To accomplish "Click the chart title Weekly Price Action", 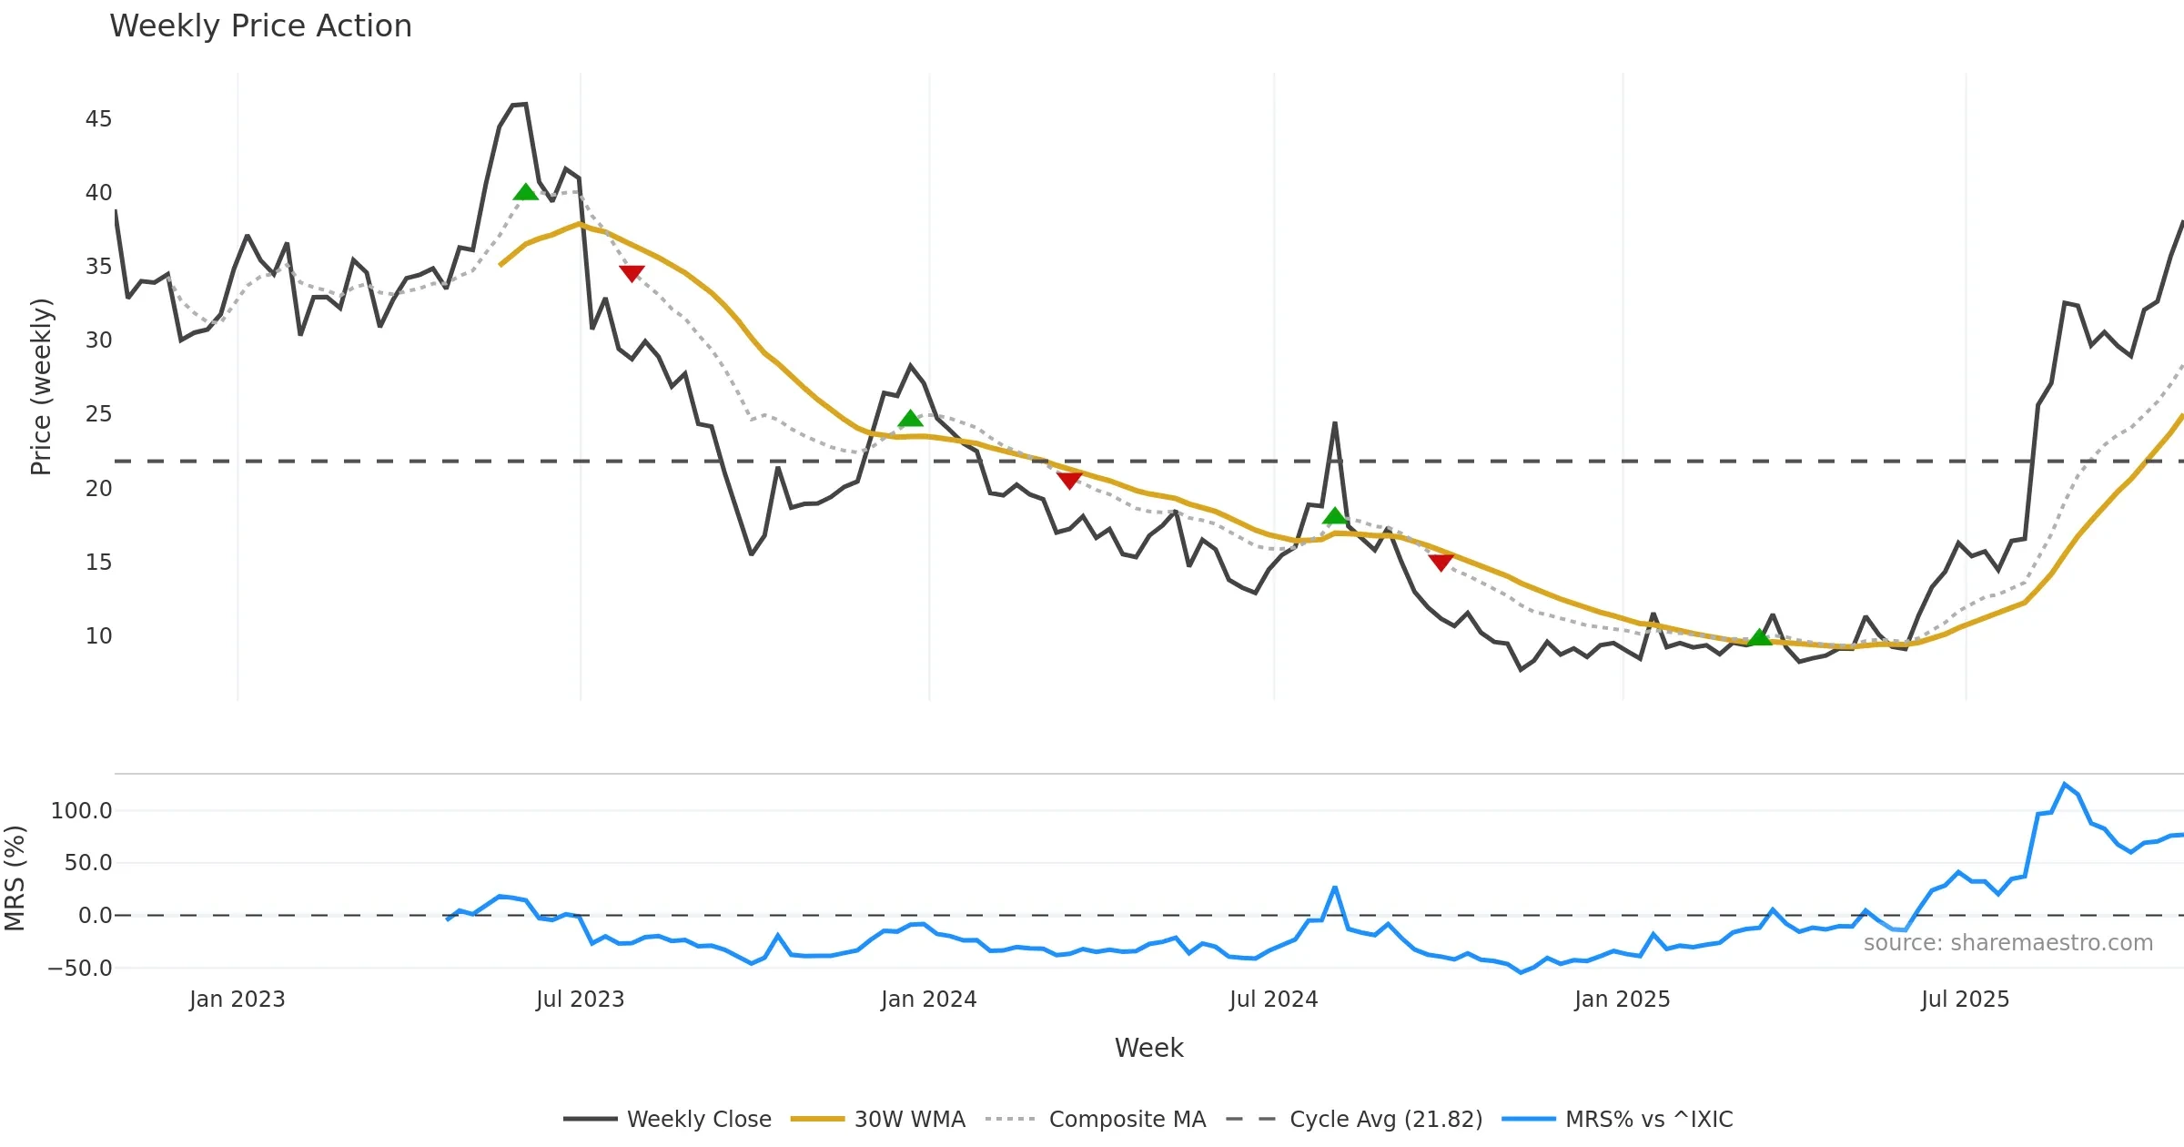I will click(260, 26).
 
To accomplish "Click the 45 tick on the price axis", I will click(98, 119).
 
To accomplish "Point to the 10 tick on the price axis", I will click(98, 636).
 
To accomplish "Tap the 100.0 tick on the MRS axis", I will click(81, 811).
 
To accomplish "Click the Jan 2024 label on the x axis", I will click(928, 1000).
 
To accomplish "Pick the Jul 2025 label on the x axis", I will click(1965, 1000).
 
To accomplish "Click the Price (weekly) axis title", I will click(41, 387).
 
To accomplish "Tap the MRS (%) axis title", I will click(15, 878).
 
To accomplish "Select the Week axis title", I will click(1148, 1049).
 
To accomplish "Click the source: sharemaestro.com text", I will click(2007, 943).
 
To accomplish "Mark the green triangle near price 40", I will click(525, 192).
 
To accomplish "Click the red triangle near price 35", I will click(632, 273).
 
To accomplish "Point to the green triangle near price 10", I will click(1760, 637).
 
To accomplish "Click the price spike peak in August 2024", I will click(1335, 423).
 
